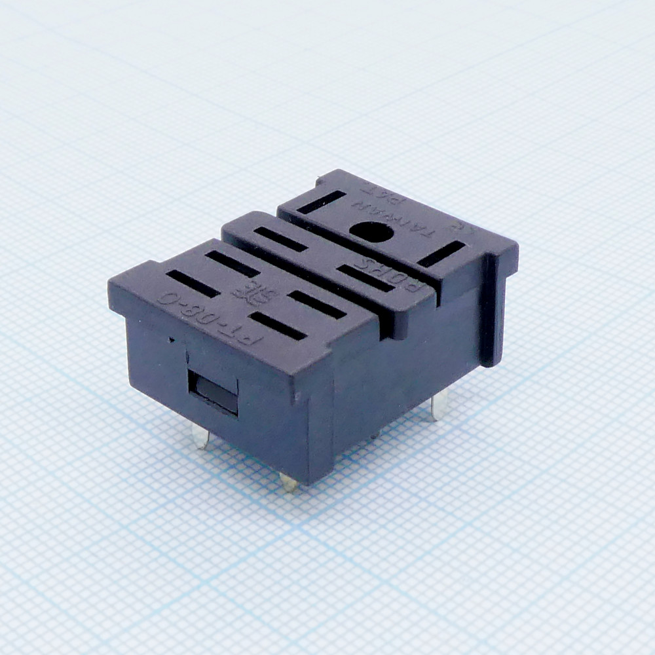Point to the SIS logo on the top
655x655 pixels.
[255, 295]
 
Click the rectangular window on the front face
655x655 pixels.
[214, 392]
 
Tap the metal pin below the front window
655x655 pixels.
[200, 435]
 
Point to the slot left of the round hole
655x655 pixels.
[321, 202]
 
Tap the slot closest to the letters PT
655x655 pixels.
[278, 326]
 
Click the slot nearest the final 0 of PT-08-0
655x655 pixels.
[193, 283]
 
